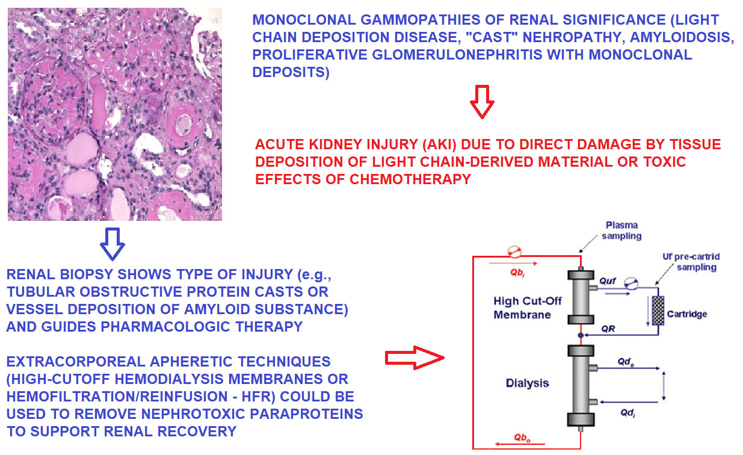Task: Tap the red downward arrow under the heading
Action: tap(482, 102)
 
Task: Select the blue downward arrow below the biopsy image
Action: tap(113, 244)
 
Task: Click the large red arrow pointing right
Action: tap(415, 357)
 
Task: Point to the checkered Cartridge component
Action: tap(658, 311)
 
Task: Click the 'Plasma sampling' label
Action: tap(621, 231)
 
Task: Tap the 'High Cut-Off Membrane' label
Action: tap(528, 308)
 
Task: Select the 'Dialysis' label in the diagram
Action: tap(528, 383)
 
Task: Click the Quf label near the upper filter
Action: tap(608, 282)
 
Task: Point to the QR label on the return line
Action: tap(608, 329)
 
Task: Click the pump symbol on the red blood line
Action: tap(514, 252)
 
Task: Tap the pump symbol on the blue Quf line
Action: tap(631, 283)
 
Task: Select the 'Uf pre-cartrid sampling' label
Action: tap(691, 262)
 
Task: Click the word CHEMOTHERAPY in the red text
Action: tap(410, 179)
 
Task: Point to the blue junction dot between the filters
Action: tap(581, 335)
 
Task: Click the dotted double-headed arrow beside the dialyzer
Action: tap(664, 385)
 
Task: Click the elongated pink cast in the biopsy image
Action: tap(97, 104)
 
